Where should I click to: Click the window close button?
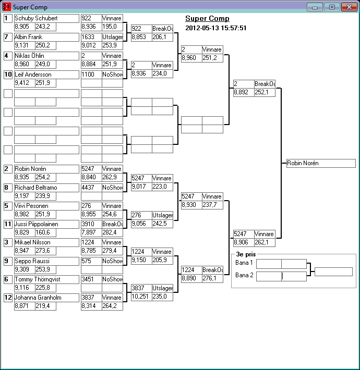(x=348, y=7)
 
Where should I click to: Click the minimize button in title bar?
(x=315, y=7)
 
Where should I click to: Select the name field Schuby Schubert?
(x=46, y=18)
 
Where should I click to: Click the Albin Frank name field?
(x=46, y=37)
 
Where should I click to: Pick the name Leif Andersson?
(x=46, y=75)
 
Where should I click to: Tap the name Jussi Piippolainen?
(x=46, y=224)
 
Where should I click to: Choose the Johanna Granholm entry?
(x=46, y=298)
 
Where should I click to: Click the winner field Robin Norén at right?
(x=321, y=163)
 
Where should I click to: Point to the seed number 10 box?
(x=8, y=75)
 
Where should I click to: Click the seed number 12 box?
(x=8, y=298)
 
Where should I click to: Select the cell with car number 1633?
(x=91, y=37)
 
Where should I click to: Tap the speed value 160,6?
(x=45, y=232)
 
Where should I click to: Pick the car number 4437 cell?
(x=91, y=187)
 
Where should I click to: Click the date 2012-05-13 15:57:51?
(x=216, y=28)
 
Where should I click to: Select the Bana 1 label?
(x=244, y=263)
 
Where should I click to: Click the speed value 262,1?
(x=265, y=242)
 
